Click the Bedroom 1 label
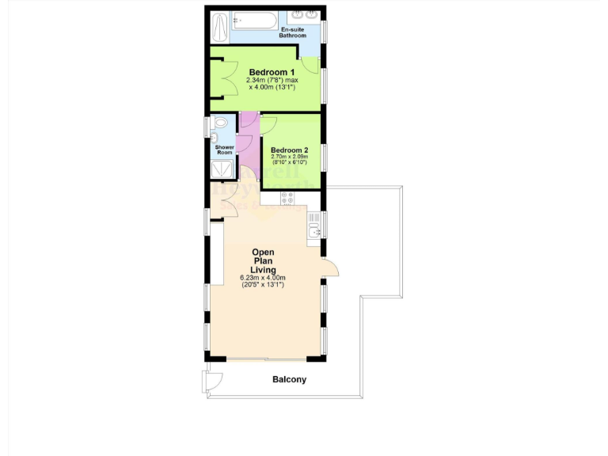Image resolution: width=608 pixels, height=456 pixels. pos(266,72)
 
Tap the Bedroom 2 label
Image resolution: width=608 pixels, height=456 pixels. pos(289,150)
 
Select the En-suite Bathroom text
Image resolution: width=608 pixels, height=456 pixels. pos(292,32)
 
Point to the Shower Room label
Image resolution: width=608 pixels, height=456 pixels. pos(224,150)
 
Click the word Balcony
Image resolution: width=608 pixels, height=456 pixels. pos(289,380)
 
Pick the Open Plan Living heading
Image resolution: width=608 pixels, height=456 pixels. pos(264,261)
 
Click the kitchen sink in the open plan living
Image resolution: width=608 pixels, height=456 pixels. pos(314,230)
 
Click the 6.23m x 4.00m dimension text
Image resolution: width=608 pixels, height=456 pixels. pos(264,278)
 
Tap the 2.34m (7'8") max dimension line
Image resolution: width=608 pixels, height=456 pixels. pos(272,80)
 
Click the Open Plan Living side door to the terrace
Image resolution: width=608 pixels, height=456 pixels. pos(330,269)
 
